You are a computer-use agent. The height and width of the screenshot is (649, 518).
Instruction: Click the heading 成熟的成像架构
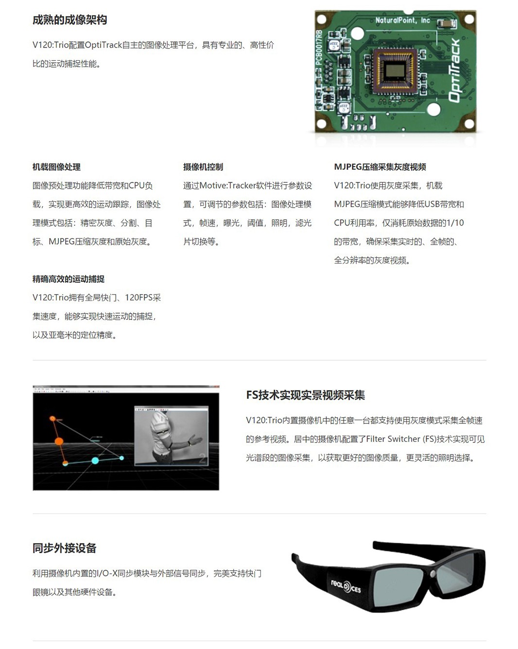(x=69, y=20)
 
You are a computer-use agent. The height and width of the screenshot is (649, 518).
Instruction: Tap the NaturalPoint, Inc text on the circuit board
(x=402, y=20)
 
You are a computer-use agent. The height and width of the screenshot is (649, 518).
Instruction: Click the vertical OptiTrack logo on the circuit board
(x=454, y=70)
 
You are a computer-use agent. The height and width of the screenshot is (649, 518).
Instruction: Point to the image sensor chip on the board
(x=395, y=71)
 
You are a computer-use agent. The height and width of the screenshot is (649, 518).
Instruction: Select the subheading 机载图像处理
(x=57, y=167)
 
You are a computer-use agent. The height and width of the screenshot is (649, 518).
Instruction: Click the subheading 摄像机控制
(x=203, y=167)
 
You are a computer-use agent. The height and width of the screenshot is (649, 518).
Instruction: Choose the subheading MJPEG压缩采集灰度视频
(x=380, y=167)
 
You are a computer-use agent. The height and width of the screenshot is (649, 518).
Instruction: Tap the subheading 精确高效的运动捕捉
(x=69, y=279)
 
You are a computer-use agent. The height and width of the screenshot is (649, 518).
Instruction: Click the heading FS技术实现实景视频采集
(x=306, y=395)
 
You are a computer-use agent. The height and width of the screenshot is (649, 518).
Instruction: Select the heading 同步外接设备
(x=64, y=548)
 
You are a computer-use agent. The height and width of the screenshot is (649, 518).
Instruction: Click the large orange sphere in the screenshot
(x=59, y=441)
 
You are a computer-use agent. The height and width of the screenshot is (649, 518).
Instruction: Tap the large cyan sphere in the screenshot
(x=95, y=460)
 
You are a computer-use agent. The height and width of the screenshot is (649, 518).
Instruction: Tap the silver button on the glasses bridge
(x=433, y=573)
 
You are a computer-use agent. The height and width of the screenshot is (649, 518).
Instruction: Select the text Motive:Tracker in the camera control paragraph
(x=227, y=186)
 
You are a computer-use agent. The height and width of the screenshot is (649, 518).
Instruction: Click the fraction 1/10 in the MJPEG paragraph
(x=455, y=223)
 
